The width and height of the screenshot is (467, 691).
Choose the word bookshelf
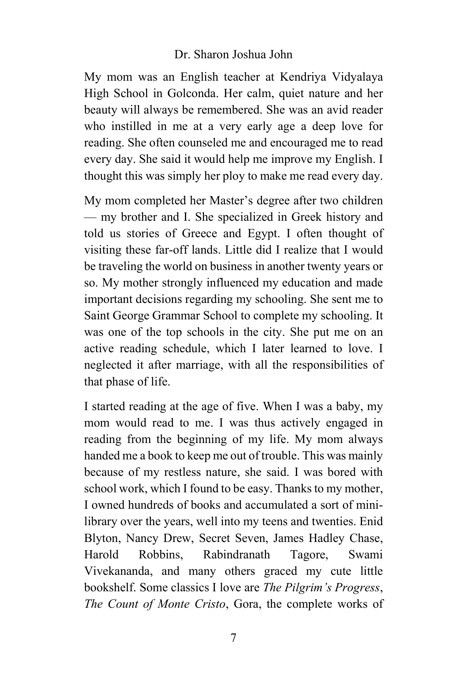110,588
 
